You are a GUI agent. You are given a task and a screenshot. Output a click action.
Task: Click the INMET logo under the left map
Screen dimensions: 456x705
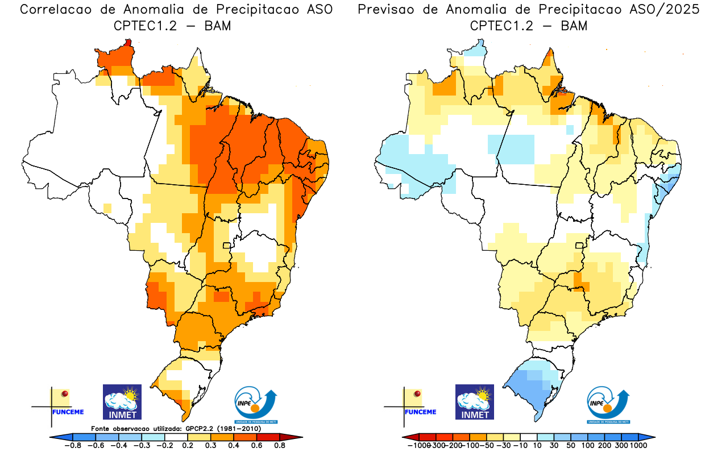pos(122,401)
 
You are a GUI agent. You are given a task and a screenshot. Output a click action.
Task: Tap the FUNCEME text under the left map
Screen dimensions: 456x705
pos(68,412)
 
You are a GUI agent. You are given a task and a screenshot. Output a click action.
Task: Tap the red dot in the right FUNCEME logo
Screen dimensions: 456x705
pos(418,393)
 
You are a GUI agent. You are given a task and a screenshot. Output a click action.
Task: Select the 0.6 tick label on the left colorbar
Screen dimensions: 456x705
pos(256,446)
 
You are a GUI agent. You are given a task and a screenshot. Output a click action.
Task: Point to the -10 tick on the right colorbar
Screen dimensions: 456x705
pos(520,446)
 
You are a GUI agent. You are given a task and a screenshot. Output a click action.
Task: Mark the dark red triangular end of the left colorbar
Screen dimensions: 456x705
pos(296,437)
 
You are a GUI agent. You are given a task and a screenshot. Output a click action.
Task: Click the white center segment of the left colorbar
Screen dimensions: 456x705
pos(176,437)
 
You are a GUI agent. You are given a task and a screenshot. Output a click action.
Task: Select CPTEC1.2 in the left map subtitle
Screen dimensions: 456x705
pos(140,26)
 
